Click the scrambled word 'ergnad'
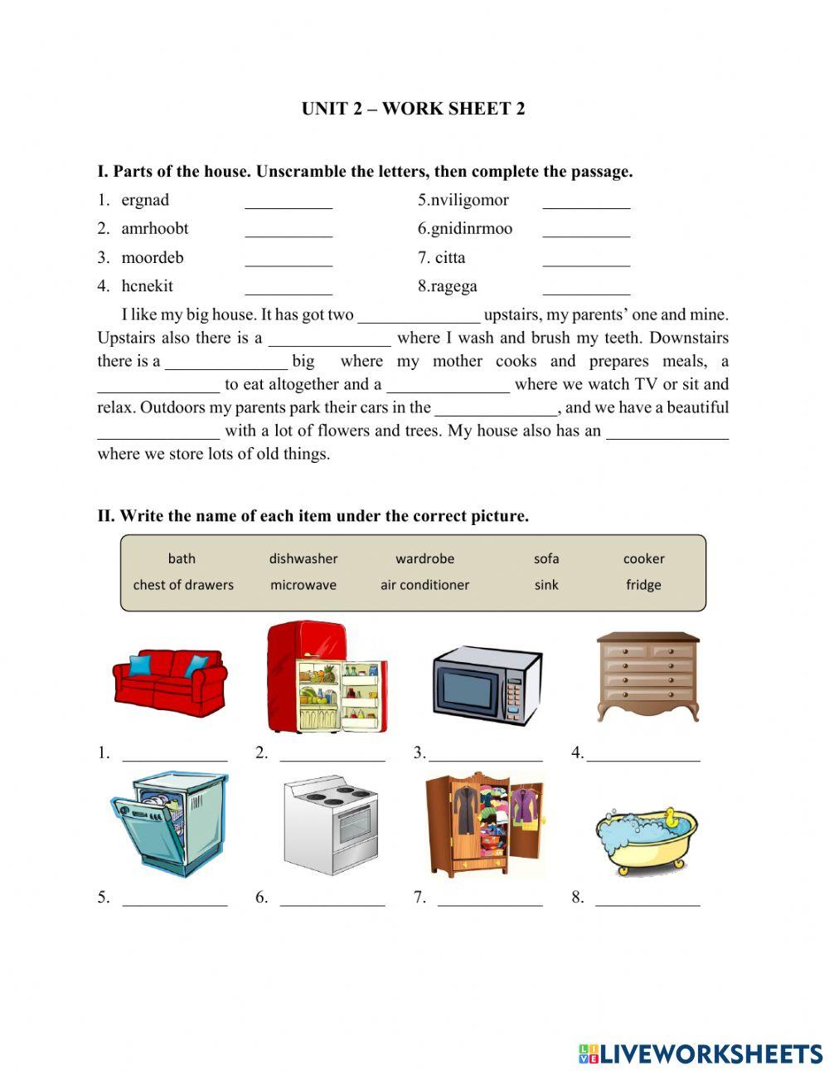[145, 200]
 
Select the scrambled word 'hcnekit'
[147, 286]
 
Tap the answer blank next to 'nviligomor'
[586, 202]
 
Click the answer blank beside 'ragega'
[586, 288]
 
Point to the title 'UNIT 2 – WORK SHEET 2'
[413, 109]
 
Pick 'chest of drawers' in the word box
[183, 585]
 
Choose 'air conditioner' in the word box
[424, 585]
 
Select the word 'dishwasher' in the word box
[303, 559]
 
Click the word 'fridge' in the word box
[643, 585]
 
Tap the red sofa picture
[170, 683]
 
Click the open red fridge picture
[327, 677]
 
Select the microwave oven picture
[487, 685]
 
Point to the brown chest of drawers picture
[647, 675]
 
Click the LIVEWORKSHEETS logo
[701, 1054]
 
